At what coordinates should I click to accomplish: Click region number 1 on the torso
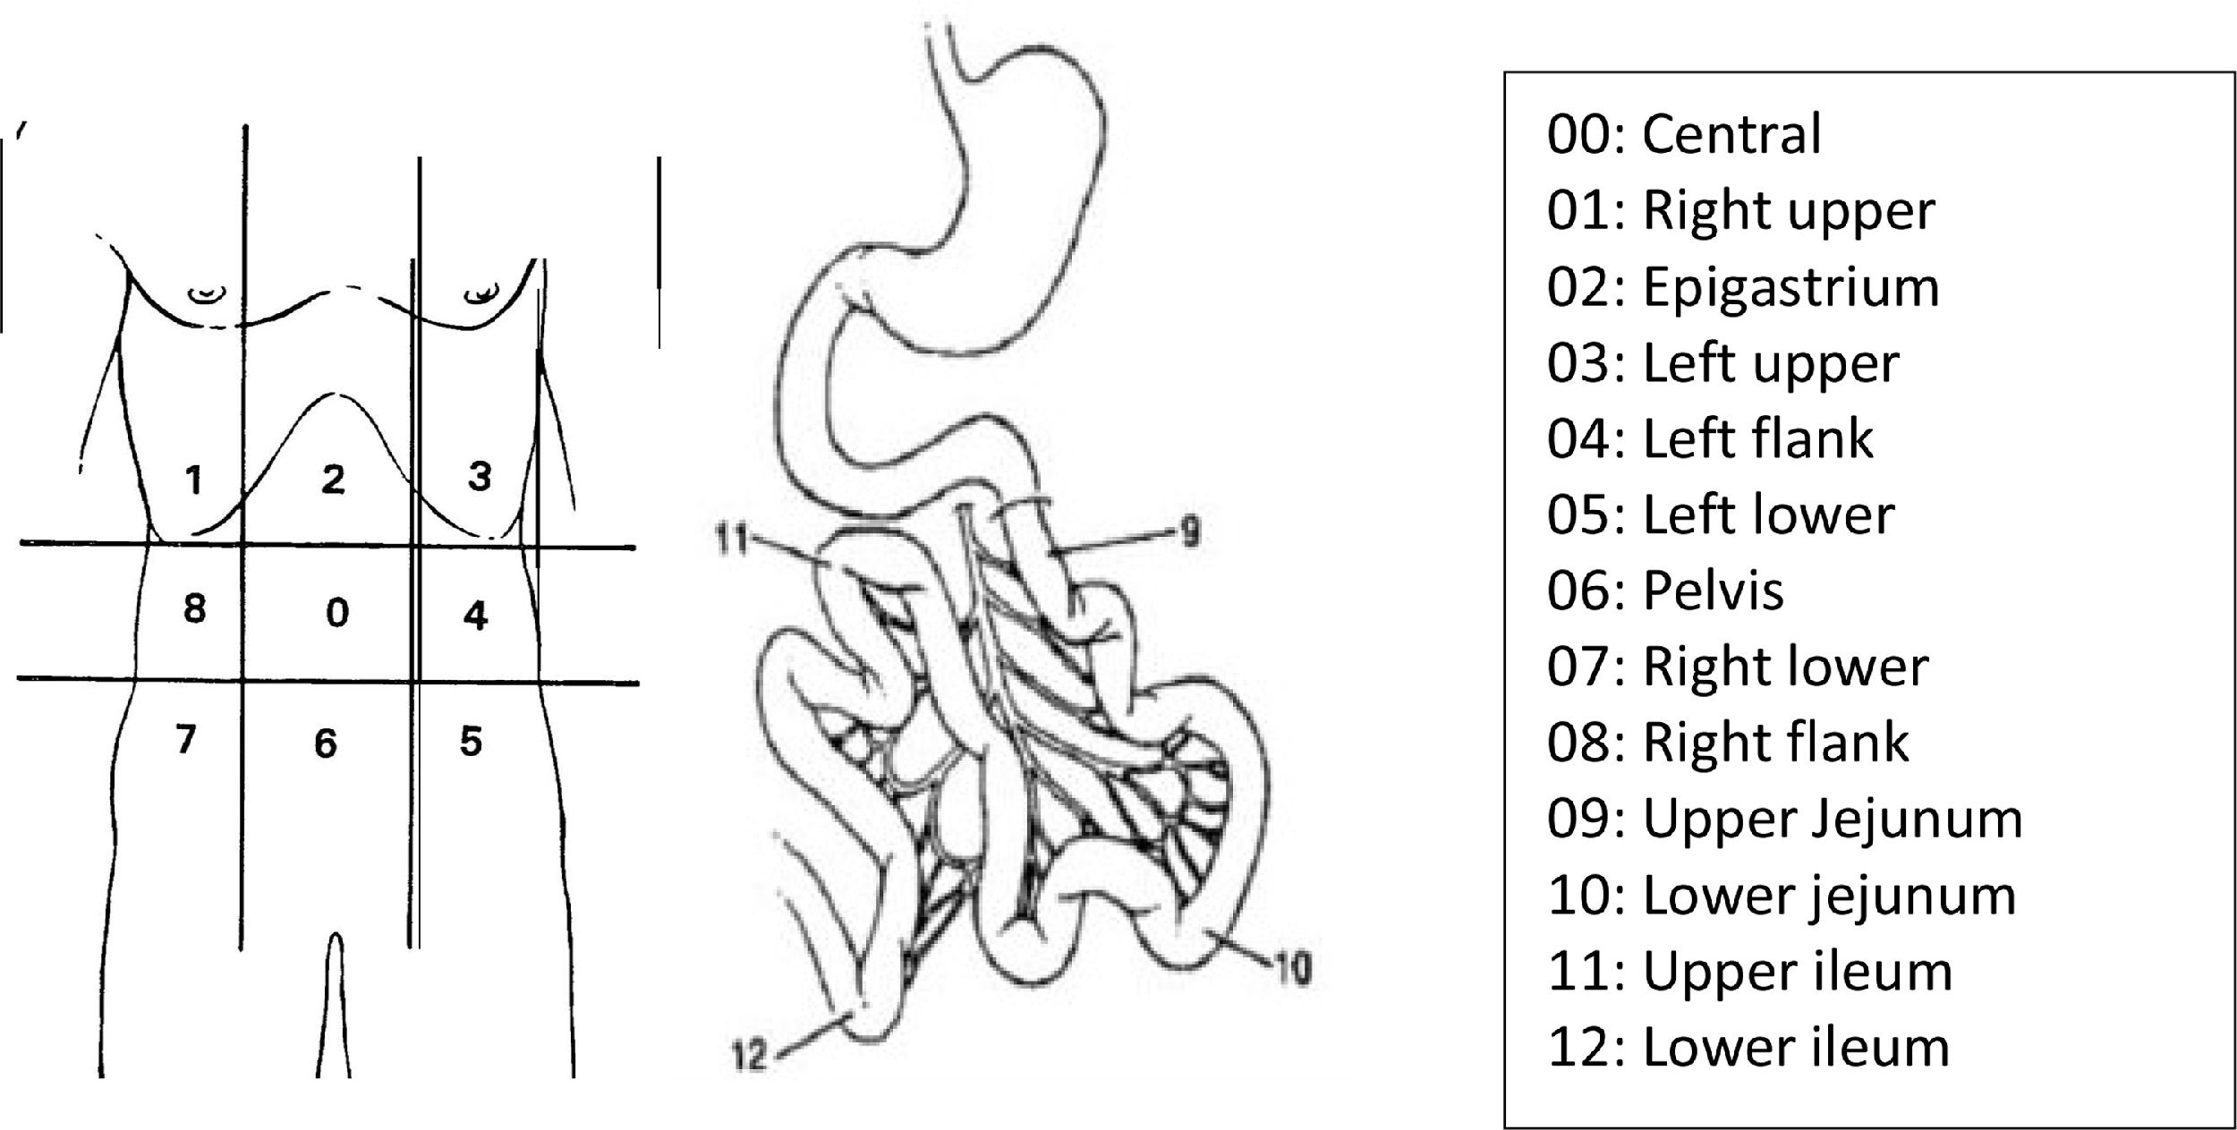(193, 480)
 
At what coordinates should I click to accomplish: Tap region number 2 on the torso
(333, 480)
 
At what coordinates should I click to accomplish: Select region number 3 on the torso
(480, 476)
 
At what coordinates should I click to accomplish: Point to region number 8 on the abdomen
(194, 607)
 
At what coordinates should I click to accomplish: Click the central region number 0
(337, 612)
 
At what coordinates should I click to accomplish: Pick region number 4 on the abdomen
(476, 616)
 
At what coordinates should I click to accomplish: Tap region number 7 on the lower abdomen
(185, 739)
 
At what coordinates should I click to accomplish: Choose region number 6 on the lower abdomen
(326, 743)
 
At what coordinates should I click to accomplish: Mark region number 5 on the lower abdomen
(472, 741)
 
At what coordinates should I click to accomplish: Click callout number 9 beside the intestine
(1189, 534)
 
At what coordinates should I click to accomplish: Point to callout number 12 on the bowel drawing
(751, 1058)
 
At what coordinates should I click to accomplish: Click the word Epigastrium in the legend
(1791, 287)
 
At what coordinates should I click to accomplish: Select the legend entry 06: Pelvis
(1665, 590)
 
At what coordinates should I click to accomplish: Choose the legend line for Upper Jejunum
(1785, 820)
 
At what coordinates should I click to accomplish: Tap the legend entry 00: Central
(1684, 134)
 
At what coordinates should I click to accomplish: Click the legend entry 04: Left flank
(1710, 438)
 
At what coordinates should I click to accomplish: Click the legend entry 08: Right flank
(1728, 743)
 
